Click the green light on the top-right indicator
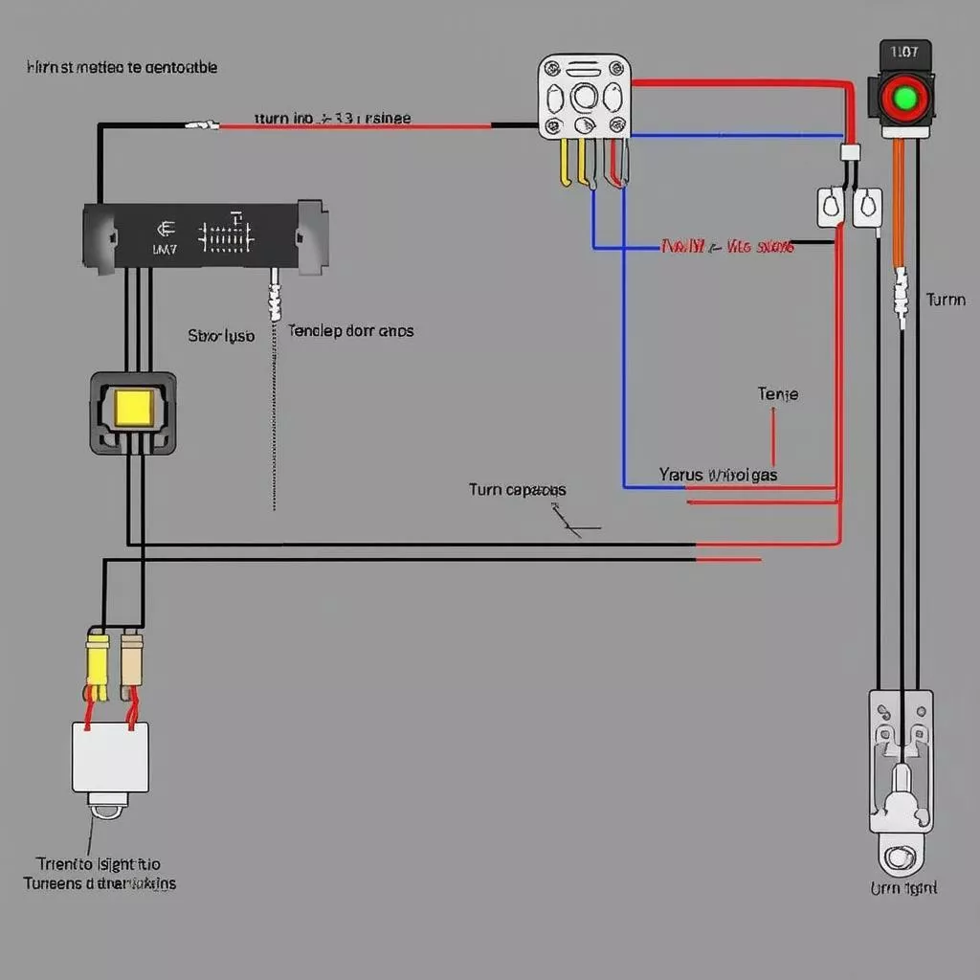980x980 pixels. [904, 98]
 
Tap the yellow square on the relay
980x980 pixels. [132, 408]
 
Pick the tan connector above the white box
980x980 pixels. [131, 659]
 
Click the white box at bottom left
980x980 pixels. [111, 756]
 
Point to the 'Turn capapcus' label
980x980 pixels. [517, 490]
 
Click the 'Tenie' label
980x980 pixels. [777, 394]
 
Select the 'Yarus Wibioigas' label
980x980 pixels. [718, 474]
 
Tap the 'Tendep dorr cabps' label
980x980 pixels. [350, 330]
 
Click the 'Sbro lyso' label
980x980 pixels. [221, 336]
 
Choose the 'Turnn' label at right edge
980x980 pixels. [946, 300]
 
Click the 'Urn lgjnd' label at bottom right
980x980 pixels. [903, 888]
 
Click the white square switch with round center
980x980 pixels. [585, 97]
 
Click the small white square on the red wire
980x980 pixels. [849, 151]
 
